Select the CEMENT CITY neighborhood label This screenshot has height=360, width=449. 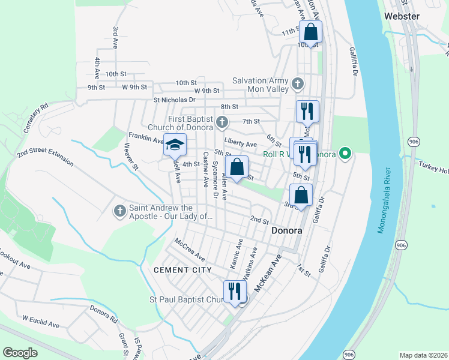click(182, 270)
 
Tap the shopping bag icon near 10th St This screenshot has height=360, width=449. click(310, 31)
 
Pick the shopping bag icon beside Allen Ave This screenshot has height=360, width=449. click(237, 167)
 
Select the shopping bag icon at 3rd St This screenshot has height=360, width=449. click(301, 194)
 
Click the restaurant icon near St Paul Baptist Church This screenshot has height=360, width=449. click(235, 292)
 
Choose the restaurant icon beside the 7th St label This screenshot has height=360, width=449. click(307, 111)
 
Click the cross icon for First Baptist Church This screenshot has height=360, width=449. click(222, 123)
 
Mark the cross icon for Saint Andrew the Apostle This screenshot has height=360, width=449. click(119, 211)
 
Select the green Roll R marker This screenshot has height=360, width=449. click(345, 154)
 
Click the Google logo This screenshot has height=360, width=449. click(20, 353)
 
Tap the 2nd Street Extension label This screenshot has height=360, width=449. click(45, 157)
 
